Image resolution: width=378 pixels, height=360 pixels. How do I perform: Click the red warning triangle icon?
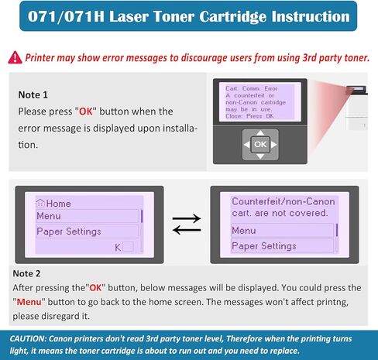16,57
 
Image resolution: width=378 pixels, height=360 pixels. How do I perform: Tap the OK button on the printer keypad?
260,144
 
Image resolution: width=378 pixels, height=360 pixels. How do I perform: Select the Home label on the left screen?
53,203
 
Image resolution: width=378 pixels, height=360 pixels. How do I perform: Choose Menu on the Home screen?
49,216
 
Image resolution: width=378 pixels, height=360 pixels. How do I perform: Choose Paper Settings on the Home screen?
69,231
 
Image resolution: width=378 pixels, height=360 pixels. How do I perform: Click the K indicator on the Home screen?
119,247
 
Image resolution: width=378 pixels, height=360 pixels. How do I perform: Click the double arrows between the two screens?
186,225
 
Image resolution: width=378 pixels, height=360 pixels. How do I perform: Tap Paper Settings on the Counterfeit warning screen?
263,246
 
